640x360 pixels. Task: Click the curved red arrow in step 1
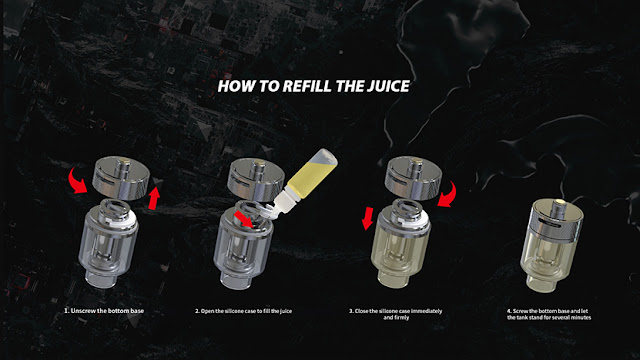pos(78,179)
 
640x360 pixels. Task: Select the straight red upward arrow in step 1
pos(154,198)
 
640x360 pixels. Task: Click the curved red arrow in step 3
pos(447,195)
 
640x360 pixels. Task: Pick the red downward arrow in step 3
pos(368,218)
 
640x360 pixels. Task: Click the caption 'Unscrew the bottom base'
pos(104,311)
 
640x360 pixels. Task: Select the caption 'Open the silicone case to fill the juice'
pos(243,311)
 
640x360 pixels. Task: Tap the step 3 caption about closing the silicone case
pos(396,314)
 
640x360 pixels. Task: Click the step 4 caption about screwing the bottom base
pos(549,314)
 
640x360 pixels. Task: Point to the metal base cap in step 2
pos(256,179)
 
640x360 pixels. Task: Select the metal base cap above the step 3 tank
pos(414,177)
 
